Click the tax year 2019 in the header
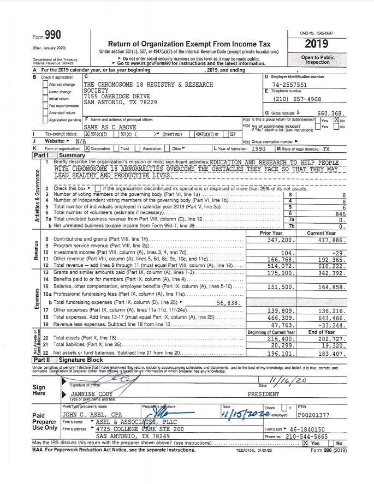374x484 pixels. pos(320,44)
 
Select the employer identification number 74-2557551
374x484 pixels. pos(289,85)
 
